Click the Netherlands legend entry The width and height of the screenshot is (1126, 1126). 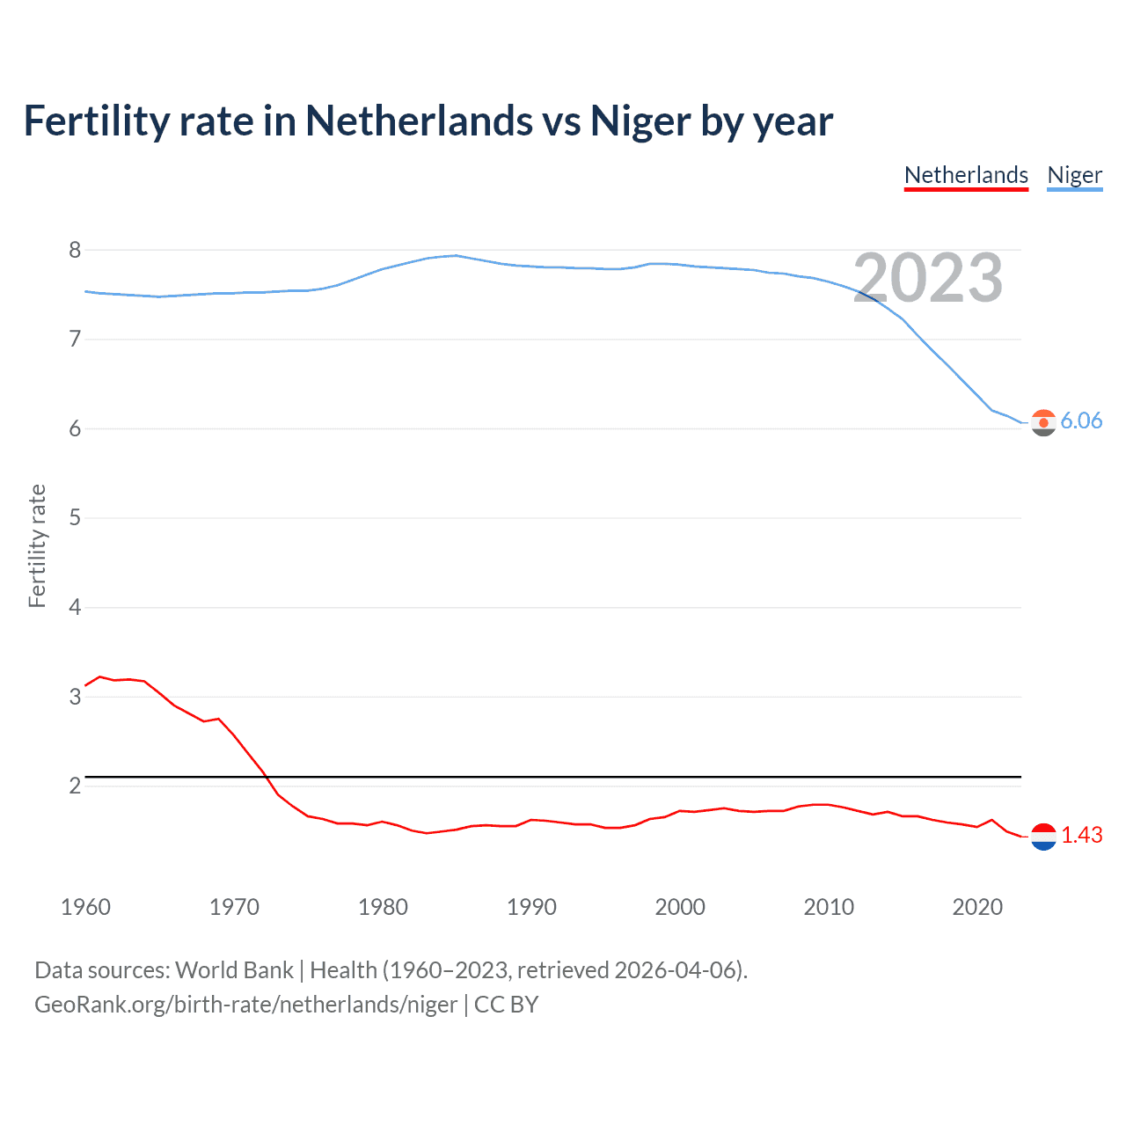click(966, 175)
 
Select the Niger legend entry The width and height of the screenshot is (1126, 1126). click(1074, 175)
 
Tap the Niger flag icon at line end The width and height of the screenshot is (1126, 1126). click(1043, 422)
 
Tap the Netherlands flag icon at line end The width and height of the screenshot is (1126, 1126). click(1043, 837)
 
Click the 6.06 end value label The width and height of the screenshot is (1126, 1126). click(1081, 420)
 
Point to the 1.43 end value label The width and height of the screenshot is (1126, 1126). click(1081, 835)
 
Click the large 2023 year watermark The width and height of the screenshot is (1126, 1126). click(928, 278)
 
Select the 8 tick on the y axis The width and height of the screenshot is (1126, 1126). click(75, 250)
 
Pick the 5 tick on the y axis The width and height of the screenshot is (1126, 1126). click(75, 517)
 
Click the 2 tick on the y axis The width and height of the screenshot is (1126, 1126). click(75, 785)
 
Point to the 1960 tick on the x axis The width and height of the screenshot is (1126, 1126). click(85, 907)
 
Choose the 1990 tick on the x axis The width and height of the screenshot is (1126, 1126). click(531, 907)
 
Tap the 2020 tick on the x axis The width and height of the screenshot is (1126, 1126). click(977, 907)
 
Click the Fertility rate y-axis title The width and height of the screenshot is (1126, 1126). click(37, 545)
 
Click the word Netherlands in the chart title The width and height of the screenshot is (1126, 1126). click(419, 121)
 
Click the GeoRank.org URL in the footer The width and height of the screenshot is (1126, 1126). click(245, 1005)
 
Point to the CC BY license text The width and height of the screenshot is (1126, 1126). click(506, 1005)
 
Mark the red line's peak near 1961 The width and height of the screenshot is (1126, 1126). click(99, 676)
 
